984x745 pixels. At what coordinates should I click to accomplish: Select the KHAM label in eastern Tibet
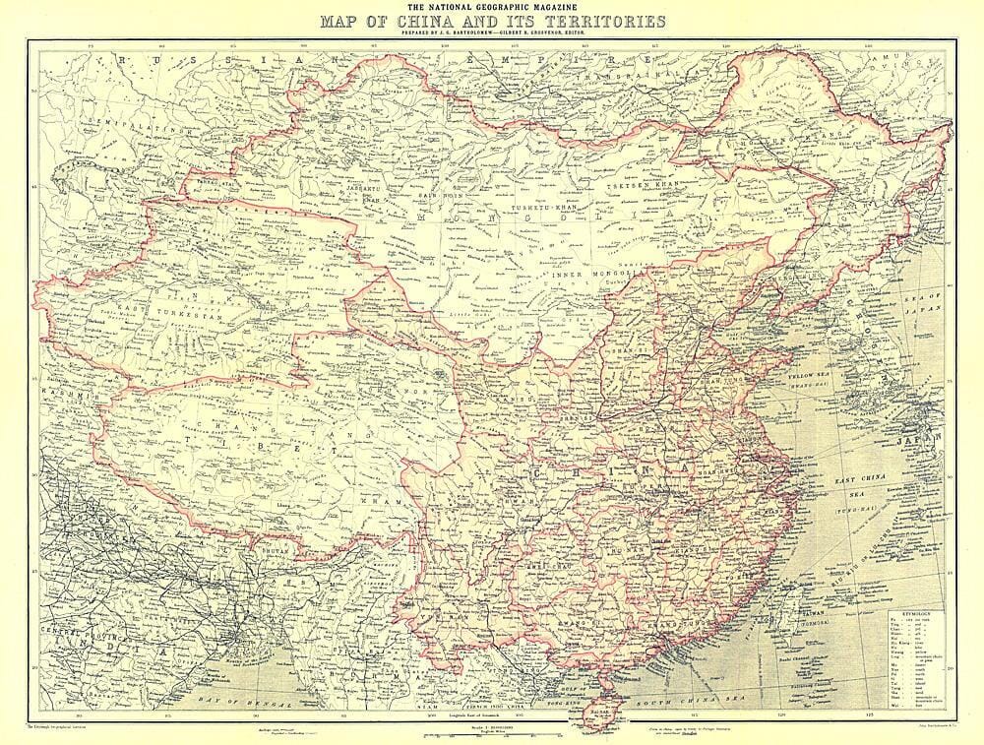pos(370,503)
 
